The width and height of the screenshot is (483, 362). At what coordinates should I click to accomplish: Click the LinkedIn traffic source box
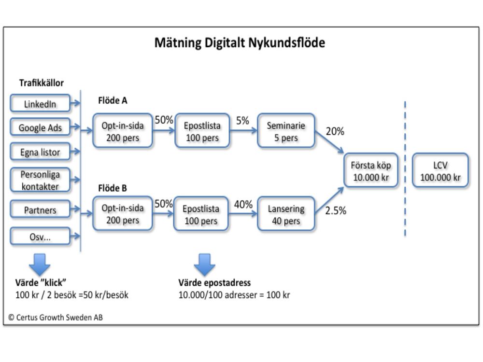tap(40, 103)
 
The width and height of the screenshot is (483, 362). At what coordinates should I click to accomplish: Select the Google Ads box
tap(40, 127)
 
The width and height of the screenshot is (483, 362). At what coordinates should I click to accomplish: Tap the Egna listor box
tap(40, 152)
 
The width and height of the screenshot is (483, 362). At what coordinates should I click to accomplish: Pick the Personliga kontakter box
tap(40, 180)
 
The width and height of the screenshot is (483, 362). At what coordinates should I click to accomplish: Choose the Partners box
tap(40, 209)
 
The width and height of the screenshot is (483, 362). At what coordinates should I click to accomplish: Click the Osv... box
tap(40, 237)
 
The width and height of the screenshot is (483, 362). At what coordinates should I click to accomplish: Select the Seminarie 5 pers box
tap(286, 131)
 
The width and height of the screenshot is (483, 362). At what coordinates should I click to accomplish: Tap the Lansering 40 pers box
tap(286, 214)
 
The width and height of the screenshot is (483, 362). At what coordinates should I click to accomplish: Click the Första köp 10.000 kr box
tap(371, 170)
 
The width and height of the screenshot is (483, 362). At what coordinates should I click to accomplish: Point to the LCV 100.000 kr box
tap(440, 170)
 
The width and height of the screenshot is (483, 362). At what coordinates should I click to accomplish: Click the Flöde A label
tap(113, 100)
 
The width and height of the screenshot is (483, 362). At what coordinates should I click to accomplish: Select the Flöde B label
tap(113, 188)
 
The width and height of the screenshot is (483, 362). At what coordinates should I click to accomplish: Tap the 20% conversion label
tap(335, 131)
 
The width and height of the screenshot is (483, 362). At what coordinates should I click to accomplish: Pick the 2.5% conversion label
tap(336, 210)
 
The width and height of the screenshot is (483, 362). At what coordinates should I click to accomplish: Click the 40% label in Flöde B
tap(243, 204)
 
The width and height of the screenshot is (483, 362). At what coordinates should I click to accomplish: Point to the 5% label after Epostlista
tap(242, 120)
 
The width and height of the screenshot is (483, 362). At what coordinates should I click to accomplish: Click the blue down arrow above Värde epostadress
tap(204, 265)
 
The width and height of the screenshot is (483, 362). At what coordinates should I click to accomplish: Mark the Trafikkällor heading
tap(41, 83)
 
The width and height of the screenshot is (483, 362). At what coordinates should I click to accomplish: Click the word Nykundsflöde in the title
tap(286, 42)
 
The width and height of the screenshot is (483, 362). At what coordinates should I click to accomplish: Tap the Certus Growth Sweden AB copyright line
tap(56, 318)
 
